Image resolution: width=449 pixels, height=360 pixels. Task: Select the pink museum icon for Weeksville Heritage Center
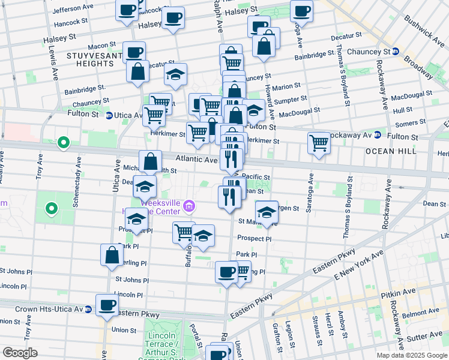point(189,207)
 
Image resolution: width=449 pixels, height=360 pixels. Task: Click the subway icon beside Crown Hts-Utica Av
point(88,310)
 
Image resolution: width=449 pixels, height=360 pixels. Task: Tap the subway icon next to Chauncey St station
point(396,52)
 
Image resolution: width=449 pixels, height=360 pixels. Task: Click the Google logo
point(20,353)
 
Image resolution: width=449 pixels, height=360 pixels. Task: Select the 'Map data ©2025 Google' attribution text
point(411,355)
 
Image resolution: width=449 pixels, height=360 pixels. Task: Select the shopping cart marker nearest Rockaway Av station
point(319,143)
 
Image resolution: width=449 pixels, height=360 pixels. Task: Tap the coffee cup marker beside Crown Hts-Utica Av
point(107,306)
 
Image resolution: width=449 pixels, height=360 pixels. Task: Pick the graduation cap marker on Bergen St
point(267,212)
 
